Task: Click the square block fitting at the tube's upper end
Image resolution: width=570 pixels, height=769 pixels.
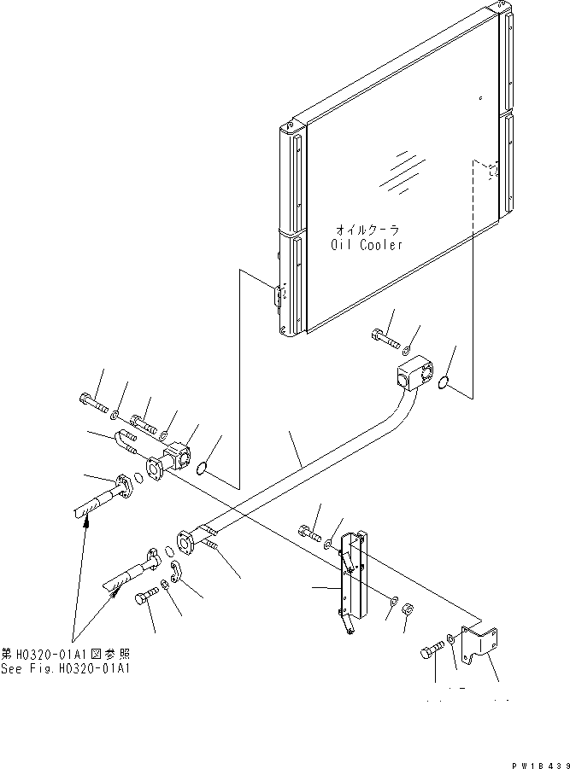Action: [x=414, y=375]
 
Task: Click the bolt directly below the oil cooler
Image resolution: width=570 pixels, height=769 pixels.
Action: [x=385, y=339]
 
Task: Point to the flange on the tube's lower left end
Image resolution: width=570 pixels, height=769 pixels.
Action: [x=185, y=543]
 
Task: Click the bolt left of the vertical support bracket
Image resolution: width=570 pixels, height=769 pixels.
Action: [x=309, y=533]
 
